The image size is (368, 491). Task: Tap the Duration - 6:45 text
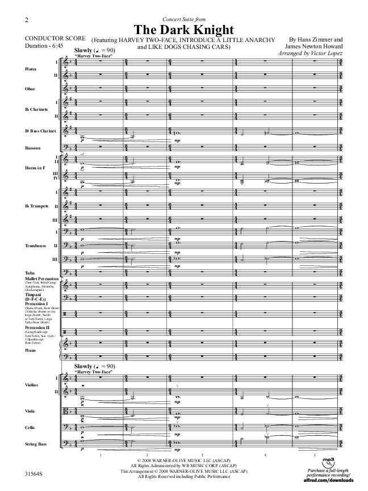point(39,47)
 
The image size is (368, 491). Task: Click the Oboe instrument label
point(30,89)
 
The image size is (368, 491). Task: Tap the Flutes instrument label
point(31,69)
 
